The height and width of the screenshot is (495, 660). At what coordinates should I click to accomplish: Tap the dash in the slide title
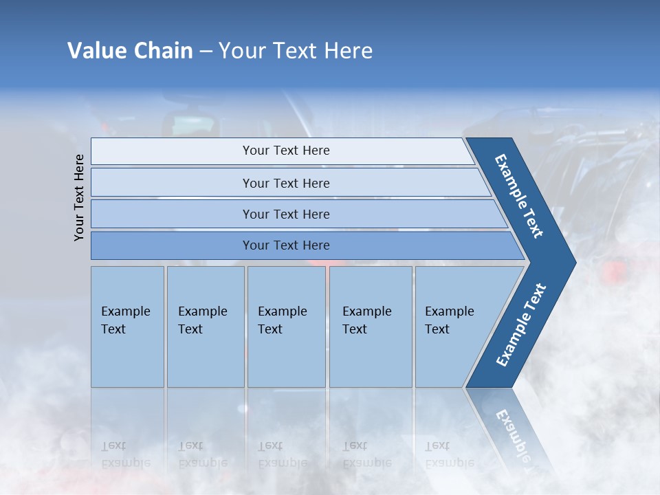206,52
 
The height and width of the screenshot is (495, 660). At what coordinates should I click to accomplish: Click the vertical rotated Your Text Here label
79,197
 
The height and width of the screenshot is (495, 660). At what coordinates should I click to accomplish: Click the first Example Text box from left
127,327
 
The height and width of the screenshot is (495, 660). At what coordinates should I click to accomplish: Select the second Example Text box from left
205,327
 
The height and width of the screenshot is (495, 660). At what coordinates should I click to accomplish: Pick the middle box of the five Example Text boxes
286,327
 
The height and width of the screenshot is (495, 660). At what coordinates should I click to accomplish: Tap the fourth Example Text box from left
370,327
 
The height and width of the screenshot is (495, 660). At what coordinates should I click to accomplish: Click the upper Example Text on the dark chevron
519,196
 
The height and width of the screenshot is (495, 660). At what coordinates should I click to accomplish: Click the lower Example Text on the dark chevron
521,325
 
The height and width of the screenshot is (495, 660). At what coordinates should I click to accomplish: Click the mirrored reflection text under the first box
125,454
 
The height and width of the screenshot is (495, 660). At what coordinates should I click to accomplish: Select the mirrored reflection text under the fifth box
449,454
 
